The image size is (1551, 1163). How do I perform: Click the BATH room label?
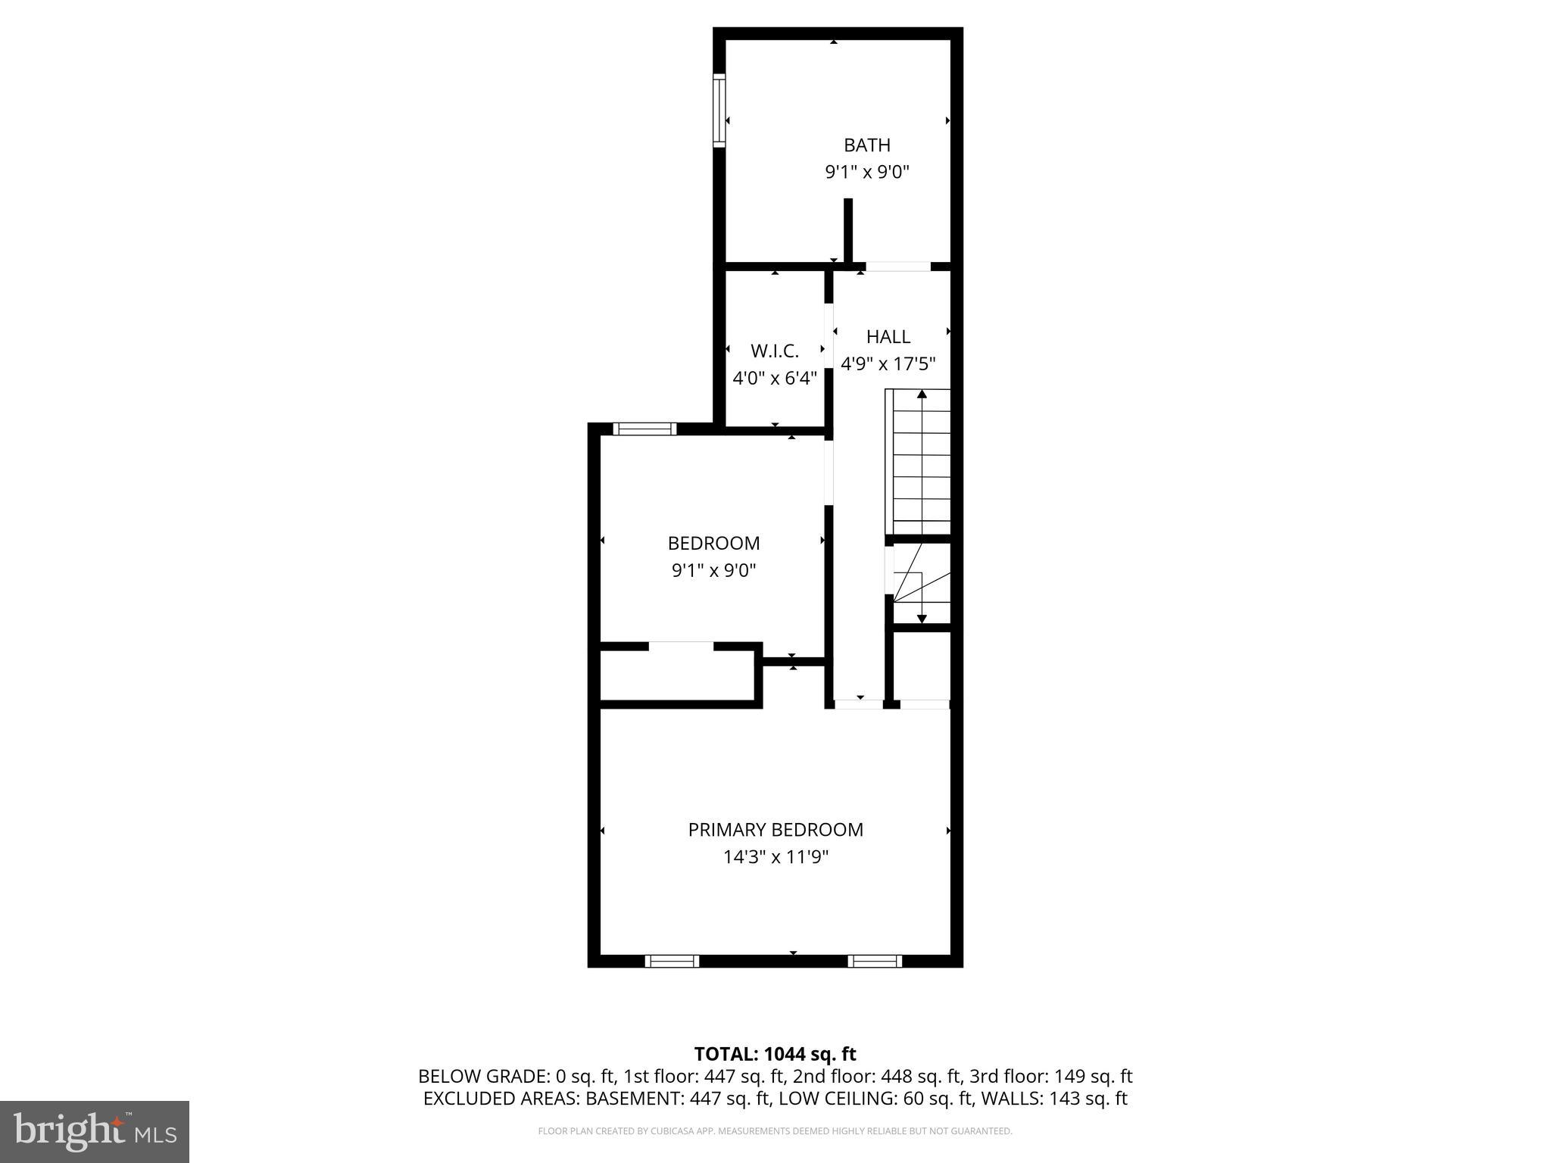pyautogui.click(x=866, y=145)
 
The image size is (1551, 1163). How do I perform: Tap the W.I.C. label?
pyautogui.click(x=774, y=351)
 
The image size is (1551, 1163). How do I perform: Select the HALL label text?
pyautogui.click(x=888, y=336)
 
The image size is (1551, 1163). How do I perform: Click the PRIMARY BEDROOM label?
pyautogui.click(x=775, y=830)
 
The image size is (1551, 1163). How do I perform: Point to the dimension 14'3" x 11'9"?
pyautogui.click(x=775, y=857)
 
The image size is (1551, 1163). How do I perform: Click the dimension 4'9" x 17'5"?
pyautogui.click(x=888, y=363)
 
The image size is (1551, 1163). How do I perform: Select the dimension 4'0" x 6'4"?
pyautogui.click(x=774, y=378)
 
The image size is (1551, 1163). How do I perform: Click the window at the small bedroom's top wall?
pyautogui.click(x=644, y=429)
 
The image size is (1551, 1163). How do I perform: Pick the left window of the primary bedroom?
pyautogui.click(x=672, y=961)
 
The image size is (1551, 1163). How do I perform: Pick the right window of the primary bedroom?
pyautogui.click(x=874, y=961)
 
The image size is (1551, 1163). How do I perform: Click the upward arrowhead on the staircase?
pyautogui.click(x=922, y=394)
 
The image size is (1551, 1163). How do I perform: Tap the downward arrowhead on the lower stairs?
pyautogui.click(x=922, y=619)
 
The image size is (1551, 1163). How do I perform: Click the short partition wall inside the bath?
pyautogui.click(x=848, y=229)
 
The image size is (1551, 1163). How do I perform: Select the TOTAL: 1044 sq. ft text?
pyautogui.click(x=775, y=1054)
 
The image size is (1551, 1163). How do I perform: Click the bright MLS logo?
pyautogui.click(x=94, y=1131)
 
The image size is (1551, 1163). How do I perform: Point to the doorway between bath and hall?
pyautogui.click(x=897, y=267)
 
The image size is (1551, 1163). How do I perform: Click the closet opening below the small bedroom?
pyautogui.click(x=681, y=646)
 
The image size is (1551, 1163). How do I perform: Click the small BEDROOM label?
pyautogui.click(x=713, y=543)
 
